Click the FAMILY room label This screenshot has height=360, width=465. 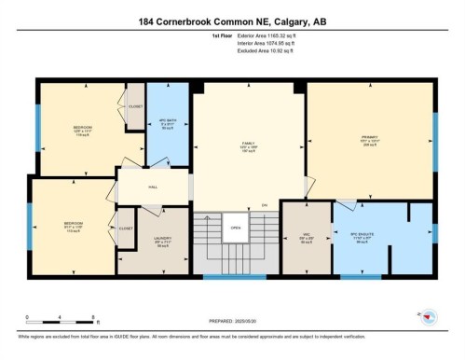click(248, 144)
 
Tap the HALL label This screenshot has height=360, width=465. click(153, 187)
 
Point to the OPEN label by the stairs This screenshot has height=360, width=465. click(237, 227)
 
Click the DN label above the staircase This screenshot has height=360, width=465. click(265, 205)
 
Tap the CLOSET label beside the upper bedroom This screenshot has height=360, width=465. click(135, 106)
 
